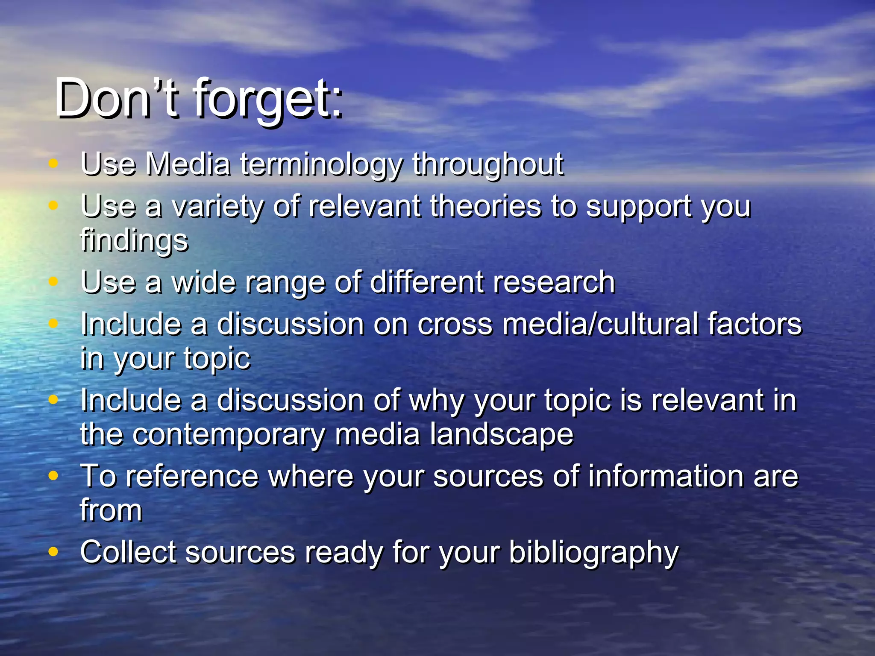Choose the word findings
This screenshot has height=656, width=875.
pyautogui.click(x=134, y=240)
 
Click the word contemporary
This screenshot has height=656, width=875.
pyautogui.click(x=229, y=434)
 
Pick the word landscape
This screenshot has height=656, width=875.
pyautogui.click(x=502, y=434)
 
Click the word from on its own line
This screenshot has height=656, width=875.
pyautogui.click(x=111, y=510)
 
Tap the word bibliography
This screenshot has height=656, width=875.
pyautogui.click(x=593, y=553)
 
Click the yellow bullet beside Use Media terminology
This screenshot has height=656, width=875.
pyautogui.click(x=53, y=163)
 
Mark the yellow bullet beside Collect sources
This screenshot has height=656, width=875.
pyautogui.click(x=53, y=551)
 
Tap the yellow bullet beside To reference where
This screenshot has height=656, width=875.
pyautogui.click(x=53, y=475)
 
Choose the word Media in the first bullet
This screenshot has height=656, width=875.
pyautogui.click(x=188, y=165)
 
